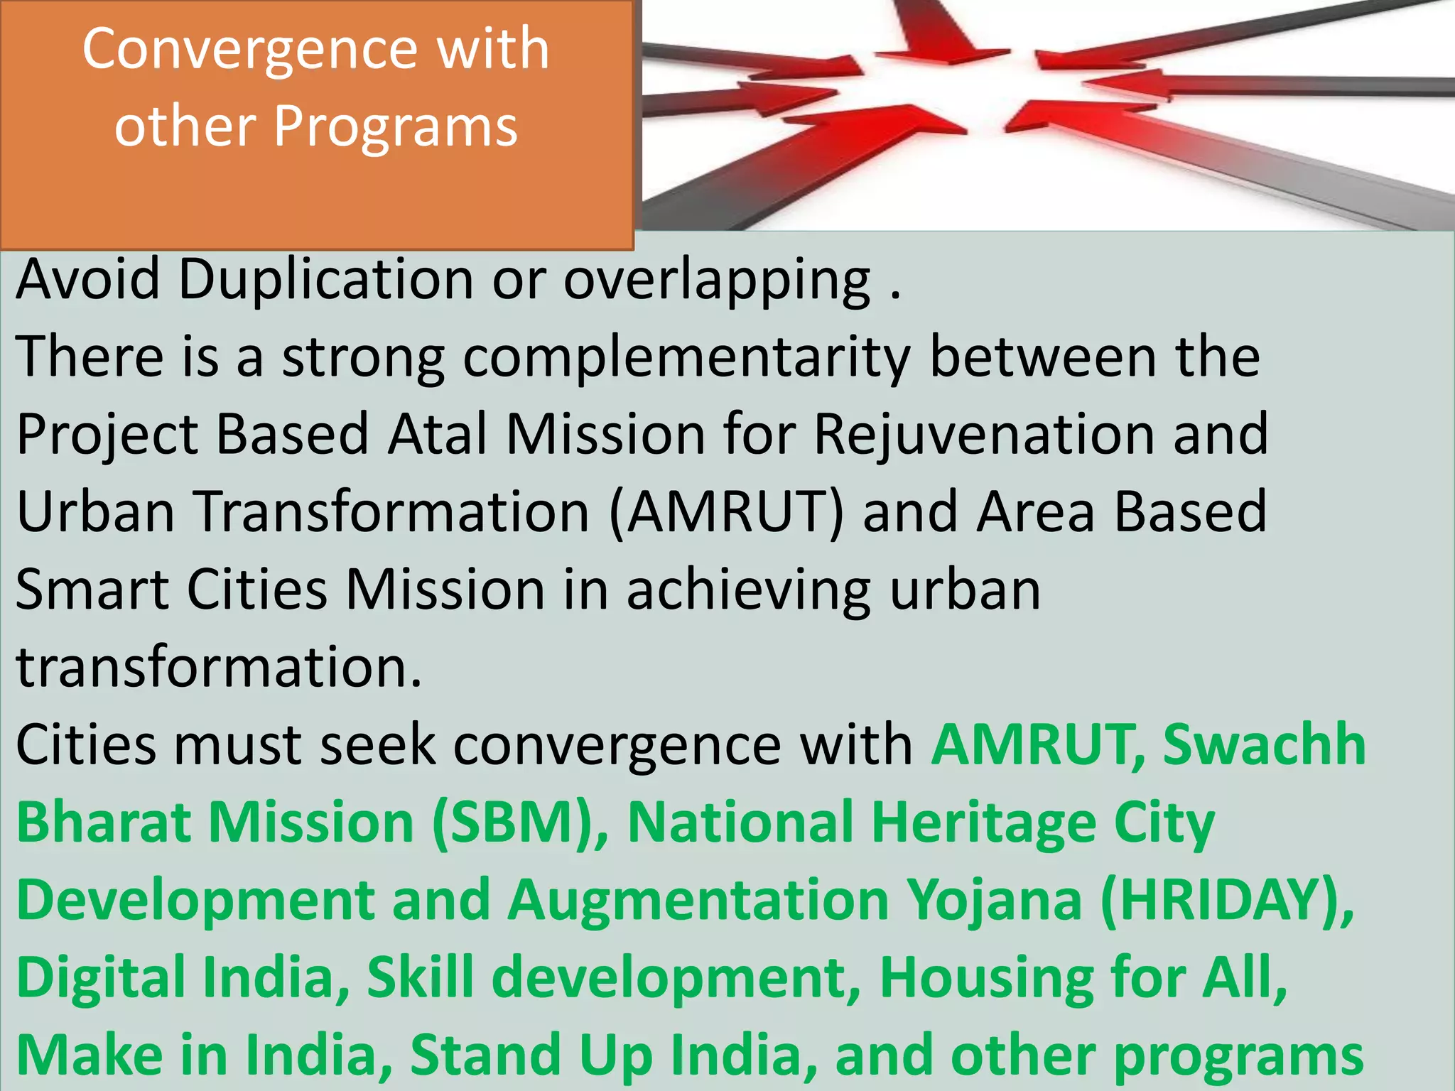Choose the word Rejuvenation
point(984,435)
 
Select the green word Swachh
point(1265,745)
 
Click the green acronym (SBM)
point(520,823)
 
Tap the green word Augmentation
point(698,901)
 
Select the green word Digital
point(100,979)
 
